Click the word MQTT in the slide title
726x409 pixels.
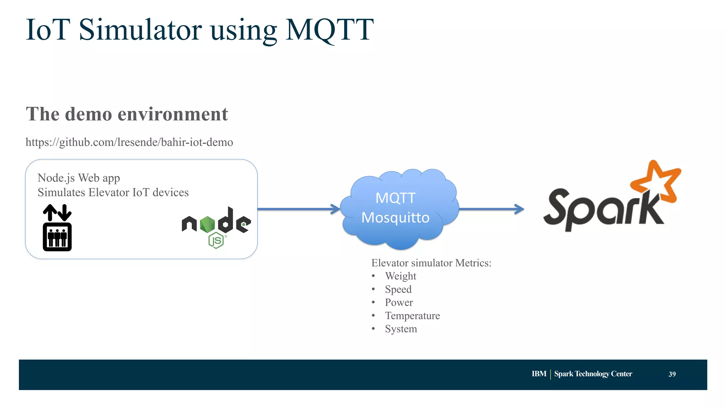tap(329, 30)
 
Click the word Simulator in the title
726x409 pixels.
tap(140, 30)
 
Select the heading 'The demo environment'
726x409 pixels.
tap(127, 114)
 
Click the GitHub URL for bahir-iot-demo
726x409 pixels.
tap(129, 142)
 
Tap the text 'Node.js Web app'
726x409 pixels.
tap(79, 178)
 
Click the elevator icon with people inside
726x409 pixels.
tap(57, 237)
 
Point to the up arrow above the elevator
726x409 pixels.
tap(50, 212)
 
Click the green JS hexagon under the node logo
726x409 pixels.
tap(216, 240)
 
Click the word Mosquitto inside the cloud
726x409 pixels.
tap(395, 217)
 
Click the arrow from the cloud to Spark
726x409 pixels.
tap(491, 209)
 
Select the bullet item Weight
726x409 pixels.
tap(401, 276)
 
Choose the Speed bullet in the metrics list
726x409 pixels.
tap(398, 289)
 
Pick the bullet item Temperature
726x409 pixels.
tap(412, 315)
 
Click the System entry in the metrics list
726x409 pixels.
tap(401, 329)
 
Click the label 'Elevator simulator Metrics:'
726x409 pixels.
tap(431, 263)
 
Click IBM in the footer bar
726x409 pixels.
tap(538, 374)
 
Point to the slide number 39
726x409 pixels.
tap(672, 374)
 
